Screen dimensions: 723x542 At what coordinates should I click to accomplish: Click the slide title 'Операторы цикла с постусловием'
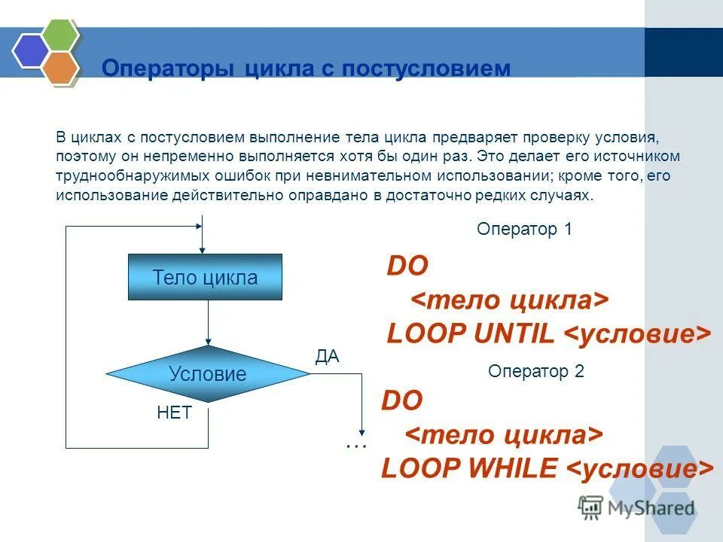[306, 69]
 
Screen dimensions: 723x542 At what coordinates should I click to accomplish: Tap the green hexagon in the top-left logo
[60, 34]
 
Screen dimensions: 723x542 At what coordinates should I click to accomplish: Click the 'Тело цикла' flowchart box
[205, 277]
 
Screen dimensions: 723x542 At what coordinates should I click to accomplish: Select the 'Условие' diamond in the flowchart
[207, 373]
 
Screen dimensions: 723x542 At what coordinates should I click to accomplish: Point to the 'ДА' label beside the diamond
[327, 357]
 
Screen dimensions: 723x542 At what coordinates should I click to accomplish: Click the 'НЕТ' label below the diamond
[174, 413]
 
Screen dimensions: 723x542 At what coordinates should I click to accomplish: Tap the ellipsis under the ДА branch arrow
[355, 445]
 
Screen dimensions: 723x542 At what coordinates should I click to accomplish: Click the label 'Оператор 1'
[524, 230]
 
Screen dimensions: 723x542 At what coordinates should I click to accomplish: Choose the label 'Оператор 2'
[535, 371]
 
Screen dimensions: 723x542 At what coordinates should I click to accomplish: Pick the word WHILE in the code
[512, 469]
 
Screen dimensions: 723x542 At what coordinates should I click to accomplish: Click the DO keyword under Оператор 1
[407, 266]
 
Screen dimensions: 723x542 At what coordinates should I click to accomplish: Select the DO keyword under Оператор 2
[402, 400]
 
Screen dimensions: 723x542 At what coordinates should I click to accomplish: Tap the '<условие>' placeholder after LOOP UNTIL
[637, 334]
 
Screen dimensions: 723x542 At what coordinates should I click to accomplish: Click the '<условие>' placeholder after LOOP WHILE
[639, 469]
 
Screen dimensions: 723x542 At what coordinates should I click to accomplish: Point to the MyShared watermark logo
[636, 508]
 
